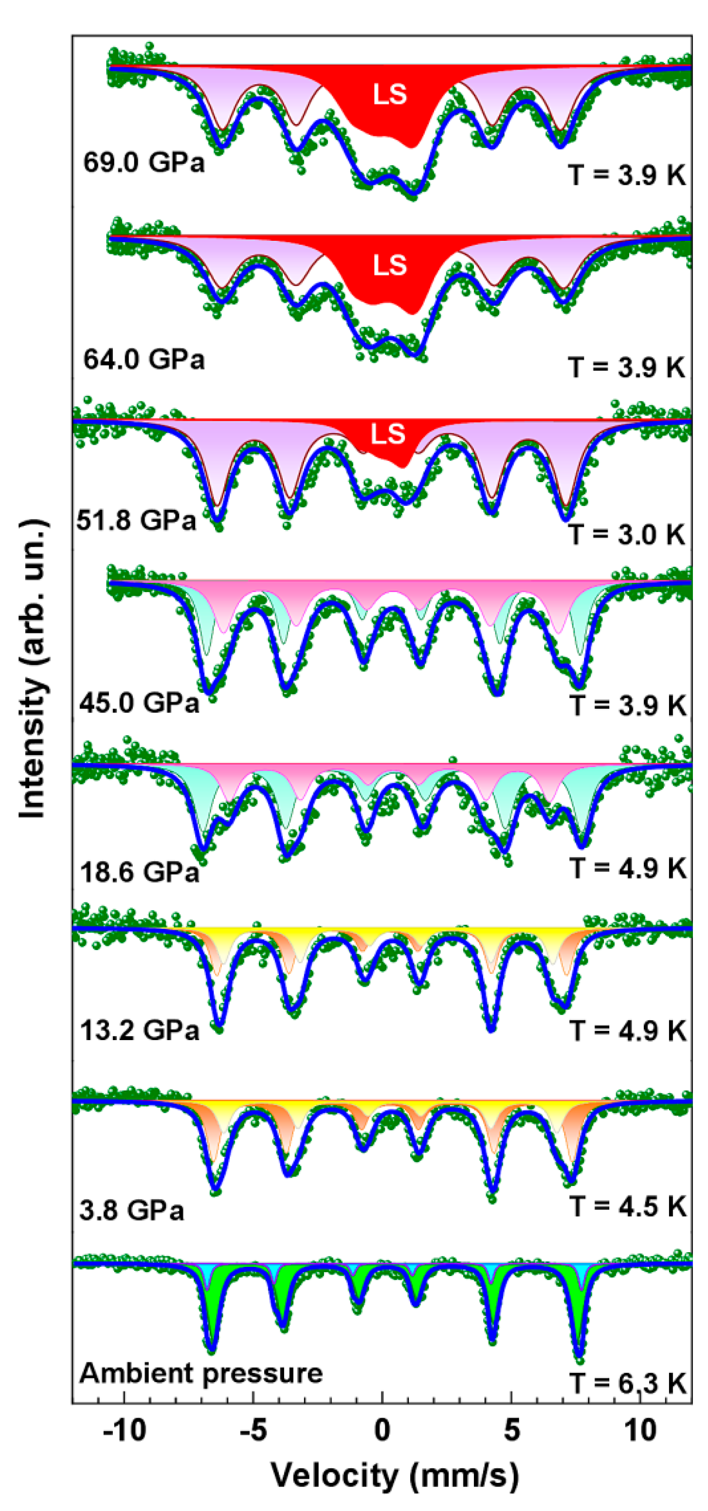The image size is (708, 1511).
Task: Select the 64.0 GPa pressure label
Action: click(x=144, y=359)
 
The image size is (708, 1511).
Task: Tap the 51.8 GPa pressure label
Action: click(x=136, y=520)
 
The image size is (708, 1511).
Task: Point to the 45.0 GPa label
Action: click(x=140, y=702)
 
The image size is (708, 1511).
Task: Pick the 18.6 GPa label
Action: click(x=140, y=873)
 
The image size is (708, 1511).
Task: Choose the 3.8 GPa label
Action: click(x=131, y=1210)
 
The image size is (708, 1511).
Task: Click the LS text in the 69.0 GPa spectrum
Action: click(x=389, y=94)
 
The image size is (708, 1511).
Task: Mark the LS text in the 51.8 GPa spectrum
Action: click(x=388, y=434)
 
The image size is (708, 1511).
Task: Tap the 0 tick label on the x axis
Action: click(x=382, y=1431)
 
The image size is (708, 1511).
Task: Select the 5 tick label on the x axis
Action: click(x=511, y=1431)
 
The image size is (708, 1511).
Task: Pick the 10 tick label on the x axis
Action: click(x=640, y=1431)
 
